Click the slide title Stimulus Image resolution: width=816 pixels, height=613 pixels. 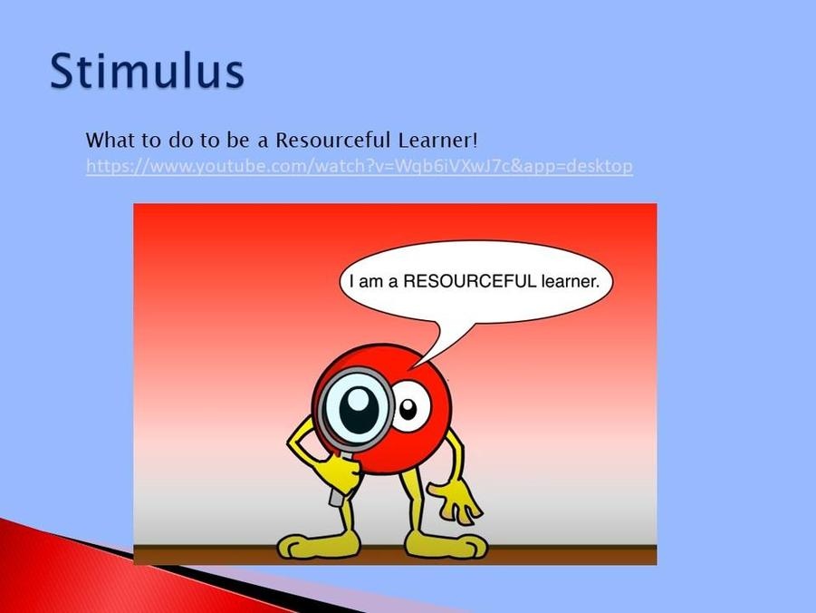[147, 71]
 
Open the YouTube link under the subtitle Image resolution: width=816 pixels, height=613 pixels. [359, 166]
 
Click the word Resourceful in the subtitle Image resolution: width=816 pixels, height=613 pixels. [332, 141]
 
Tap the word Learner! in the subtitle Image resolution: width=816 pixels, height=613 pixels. [437, 141]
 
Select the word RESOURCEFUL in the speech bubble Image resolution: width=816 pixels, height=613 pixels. [469, 281]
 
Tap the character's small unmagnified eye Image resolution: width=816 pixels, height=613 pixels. [410, 406]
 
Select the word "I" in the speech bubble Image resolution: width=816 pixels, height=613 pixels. [352, 281]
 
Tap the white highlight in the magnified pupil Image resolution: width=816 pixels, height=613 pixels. [358, 400]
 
